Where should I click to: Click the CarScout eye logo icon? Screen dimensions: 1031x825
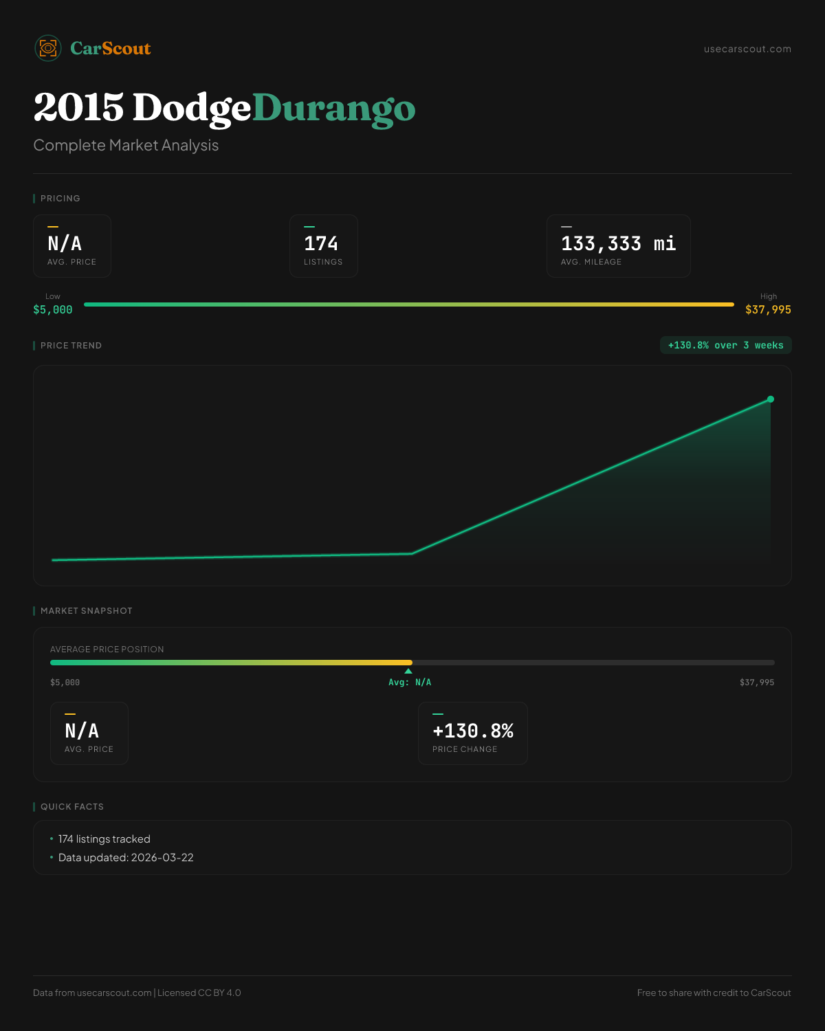(x=48, y=48)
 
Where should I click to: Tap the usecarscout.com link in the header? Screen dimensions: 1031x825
(x=747, y=49)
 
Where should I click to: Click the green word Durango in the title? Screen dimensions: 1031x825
(x=334, y=109)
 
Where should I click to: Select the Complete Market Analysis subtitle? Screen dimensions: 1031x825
(x=126, y=146)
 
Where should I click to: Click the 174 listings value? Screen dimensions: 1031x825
(x=321, y=244)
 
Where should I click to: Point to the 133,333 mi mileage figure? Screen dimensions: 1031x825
(x=618, y=244)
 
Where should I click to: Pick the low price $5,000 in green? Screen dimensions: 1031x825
(x=53, y=310)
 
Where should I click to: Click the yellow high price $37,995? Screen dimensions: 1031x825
(x=768, y=310)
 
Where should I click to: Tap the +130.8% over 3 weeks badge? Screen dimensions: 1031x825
(x=725, y=346)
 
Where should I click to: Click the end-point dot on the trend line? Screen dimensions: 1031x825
(x=771, y=399)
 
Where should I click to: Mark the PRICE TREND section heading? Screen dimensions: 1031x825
(x=71, y=346)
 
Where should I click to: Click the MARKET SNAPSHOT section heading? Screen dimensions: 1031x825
(x=86, y=611)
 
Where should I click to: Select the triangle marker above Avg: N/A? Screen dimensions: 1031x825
(x=408, y=671)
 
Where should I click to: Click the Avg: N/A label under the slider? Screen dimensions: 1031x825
(x=410, y=683)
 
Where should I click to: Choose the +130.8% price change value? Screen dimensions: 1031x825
(x=473, y=731)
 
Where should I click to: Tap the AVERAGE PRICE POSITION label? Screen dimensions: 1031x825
(x=107, y=650)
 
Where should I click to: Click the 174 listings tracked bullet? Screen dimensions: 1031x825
(x=104, y=839)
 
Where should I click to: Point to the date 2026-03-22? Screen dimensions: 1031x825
(x=162, y=858)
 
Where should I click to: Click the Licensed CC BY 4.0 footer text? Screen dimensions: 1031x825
(x=199, y=993)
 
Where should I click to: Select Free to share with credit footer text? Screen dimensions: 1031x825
(x=714, y=993)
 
